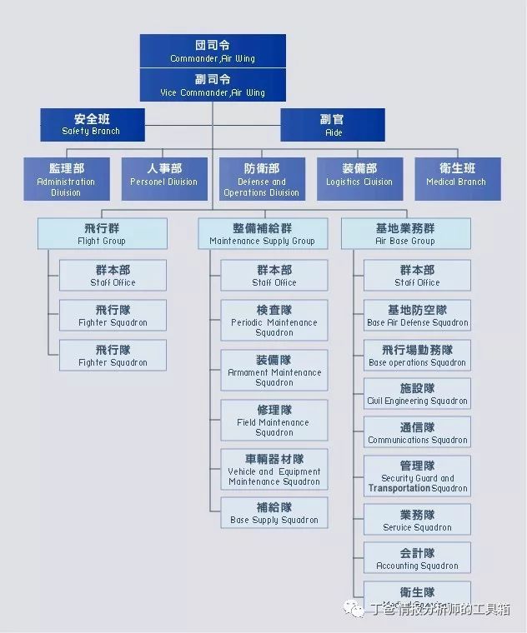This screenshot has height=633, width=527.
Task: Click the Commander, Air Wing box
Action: [213, 51]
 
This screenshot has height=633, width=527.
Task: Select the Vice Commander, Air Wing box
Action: [213, 85]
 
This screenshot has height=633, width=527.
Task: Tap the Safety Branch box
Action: [92, 125]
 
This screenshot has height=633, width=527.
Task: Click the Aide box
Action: [333, 125]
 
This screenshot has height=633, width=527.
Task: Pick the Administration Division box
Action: [66, 179]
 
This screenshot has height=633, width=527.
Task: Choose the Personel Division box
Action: [164, 179]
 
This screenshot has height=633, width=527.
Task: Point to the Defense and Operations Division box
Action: [262, 179]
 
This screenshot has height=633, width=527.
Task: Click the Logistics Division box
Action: [359, 179]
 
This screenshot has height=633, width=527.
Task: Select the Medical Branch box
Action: [457, 179]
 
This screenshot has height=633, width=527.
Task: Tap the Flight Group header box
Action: [102, 233]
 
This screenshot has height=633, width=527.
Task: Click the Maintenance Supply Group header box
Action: [262, 233]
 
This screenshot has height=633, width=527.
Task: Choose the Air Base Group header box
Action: [405, 233]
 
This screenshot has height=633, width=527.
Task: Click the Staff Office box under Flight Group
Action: [113, 276]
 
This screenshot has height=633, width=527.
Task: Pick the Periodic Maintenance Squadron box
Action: [274, 321]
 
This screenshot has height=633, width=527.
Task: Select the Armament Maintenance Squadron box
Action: [274, 371]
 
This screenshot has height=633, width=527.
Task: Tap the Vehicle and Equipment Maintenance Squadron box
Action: [274, 470]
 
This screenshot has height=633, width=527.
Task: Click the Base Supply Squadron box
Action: [274, 513]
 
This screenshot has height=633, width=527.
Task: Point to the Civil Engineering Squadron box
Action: [417, 394]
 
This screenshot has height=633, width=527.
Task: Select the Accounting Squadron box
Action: [417, 558]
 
